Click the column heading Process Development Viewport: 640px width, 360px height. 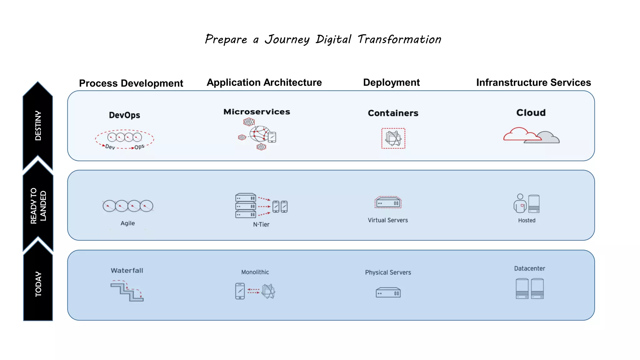click(x=131, y=83)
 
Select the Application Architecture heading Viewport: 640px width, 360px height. click(x=264, y=82)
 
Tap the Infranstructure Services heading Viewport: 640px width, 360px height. click(x=533, y=82)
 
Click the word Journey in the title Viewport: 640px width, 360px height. click(x=287, y=40)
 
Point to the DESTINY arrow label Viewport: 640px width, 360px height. click(x=38, y=126)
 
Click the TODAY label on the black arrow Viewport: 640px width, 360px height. click(x=38, y=284)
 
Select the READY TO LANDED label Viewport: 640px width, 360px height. click(x=38, y=206)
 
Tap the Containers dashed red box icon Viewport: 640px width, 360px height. click(x=393, y=138)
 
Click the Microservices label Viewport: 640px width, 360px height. click(x=257, y=112)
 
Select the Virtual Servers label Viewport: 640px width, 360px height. click(x=387, y=220)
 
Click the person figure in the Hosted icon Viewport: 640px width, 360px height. click(x=520, y=203)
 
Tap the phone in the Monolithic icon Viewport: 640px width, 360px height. click(x=240, y=291)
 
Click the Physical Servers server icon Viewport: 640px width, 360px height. click(x=388, y=293)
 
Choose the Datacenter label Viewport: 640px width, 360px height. click(x=529, y=268)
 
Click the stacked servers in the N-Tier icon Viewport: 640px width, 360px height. click(x=246, y=206)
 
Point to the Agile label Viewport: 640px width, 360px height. click(x=127, y=223)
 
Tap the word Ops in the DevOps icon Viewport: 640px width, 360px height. click(x=139, y=147)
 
